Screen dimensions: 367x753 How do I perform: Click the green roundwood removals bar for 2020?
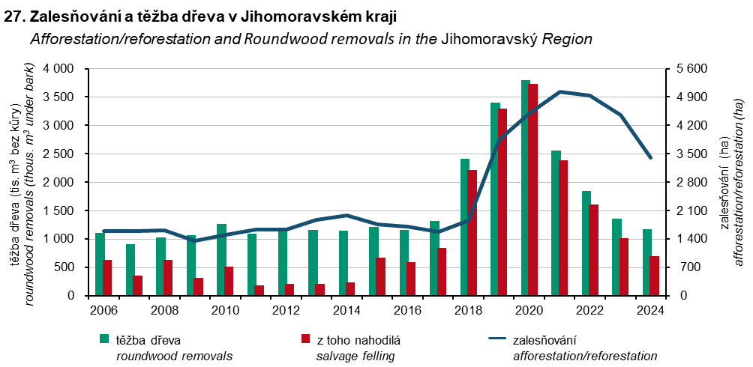coord(526,187)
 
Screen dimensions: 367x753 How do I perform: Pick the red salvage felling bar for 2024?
coord(655,276)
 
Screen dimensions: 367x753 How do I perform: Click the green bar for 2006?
coord(100,264)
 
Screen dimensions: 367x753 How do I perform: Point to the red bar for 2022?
coord(594,250)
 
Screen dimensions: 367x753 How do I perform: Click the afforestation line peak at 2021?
coord(560,91)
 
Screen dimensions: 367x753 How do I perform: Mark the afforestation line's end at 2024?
coord(651,158)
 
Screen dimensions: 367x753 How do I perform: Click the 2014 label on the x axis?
coord(346,310)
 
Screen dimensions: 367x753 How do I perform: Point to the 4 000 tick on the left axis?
coord(58,69)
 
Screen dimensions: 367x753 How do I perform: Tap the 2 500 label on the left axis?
coord(58,154)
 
